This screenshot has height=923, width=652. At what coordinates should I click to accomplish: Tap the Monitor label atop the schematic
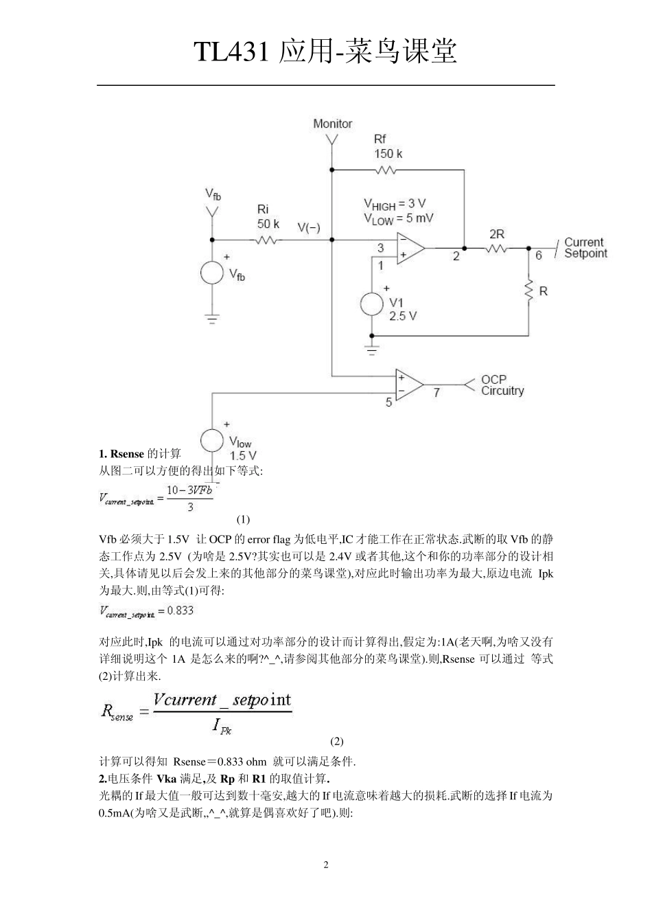click(332, 124)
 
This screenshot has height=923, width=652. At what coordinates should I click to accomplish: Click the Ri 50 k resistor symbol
click(267, 240)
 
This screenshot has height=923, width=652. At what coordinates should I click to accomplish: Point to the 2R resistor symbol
click(496, 248)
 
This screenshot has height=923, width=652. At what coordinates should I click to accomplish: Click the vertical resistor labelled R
click(529, 291)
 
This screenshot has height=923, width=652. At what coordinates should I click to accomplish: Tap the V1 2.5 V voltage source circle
click(372, 304)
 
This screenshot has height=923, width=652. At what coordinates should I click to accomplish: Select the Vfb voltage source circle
click(213, 273)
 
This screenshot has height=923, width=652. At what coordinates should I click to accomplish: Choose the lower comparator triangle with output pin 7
click(408, 385)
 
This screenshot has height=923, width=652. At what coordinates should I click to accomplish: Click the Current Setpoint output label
click(585, 248)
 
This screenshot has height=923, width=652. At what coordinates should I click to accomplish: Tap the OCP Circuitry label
click(502, 385)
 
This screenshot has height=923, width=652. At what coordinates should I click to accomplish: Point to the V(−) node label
click(308, 227)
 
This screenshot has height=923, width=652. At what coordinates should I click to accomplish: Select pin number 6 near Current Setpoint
click(539, 256)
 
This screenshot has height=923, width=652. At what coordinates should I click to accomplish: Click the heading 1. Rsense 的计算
click(140, 454)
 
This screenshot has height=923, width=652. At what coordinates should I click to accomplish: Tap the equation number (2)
click(336, 741)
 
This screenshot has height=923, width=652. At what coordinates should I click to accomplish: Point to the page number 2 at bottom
click(326, 865)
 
